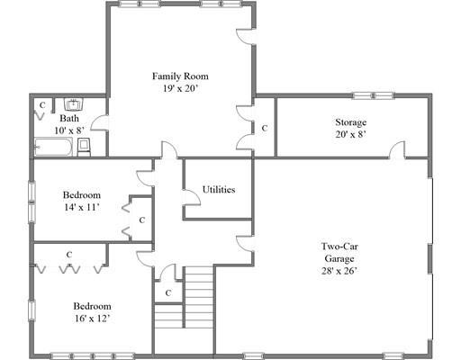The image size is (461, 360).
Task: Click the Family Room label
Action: (x=180, y=76)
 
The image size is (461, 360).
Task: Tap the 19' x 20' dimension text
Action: (x=180, y=89)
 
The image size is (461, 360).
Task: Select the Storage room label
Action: (x=351, y=121)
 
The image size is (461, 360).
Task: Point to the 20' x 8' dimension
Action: (x=351, y=134)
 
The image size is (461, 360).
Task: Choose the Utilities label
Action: (x=219, y=190)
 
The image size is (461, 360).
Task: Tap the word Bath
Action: (x=69, y=118)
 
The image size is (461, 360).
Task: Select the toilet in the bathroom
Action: (x=83, y=146)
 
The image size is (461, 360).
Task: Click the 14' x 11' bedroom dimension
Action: (x=81, y=208)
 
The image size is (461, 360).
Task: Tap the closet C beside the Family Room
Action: (x=264, y=128)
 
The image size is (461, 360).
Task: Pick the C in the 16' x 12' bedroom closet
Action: (x=69, y=255)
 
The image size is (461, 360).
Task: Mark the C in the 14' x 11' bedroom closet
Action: (x=141, y=220)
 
